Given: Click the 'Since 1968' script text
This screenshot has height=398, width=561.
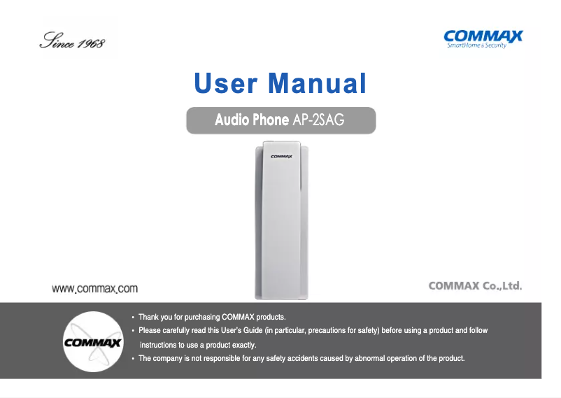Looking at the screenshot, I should (x=71, y=41).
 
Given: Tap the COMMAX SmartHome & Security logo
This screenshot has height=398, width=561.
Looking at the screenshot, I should (x=483, y=38).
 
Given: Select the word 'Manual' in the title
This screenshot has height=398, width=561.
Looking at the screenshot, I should (x=318, y=84).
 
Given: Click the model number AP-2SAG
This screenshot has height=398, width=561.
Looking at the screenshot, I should (x=318, y=120).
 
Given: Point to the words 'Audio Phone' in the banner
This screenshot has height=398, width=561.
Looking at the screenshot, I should (x=251, y=120).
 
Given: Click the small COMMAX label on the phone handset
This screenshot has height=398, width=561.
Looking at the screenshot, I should (x=281, y=156).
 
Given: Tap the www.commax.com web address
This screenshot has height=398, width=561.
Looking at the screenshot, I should (x=96, y=288).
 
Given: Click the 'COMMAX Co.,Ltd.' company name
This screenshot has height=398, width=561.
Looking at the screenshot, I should (x=475, y=286).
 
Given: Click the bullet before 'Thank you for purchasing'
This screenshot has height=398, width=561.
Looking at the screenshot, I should (x=133, y=318).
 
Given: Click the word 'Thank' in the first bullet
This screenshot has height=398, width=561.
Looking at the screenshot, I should (x=148, y=318).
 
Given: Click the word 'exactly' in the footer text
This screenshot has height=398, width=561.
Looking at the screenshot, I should (x=244, y=346).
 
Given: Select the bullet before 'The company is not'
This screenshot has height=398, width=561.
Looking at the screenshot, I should (x=133, y=359).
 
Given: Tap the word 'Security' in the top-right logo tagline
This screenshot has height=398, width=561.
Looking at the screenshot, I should (x=494, y=45).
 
